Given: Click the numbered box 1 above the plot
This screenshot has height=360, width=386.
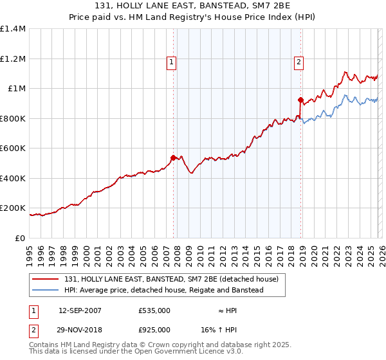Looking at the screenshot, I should (172, 62).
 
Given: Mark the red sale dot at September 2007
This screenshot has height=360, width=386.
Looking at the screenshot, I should (173, 157).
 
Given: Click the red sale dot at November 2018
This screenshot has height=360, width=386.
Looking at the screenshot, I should (300, 100).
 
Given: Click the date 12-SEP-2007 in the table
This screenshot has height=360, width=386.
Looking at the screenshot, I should (80, 310).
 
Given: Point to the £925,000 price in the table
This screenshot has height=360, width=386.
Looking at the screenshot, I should (154, 329).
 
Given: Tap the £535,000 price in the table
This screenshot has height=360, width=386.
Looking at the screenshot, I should (154, 310).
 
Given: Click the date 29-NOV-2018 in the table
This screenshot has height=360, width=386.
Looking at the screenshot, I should (80, 329).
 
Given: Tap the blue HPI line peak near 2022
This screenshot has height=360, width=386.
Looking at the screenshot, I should (345, 96).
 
